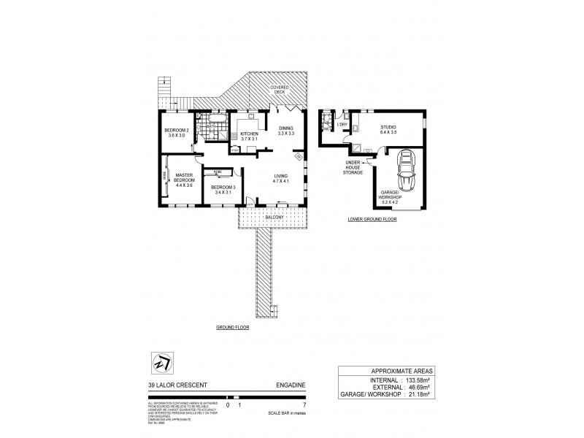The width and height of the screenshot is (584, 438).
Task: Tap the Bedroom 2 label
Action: point(177,131)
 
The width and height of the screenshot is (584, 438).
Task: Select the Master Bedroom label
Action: point(184,177)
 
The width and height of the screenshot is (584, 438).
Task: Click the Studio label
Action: point(388,127)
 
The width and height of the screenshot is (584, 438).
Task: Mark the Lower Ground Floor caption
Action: point(372,219)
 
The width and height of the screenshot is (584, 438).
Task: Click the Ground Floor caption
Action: point(232,328)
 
